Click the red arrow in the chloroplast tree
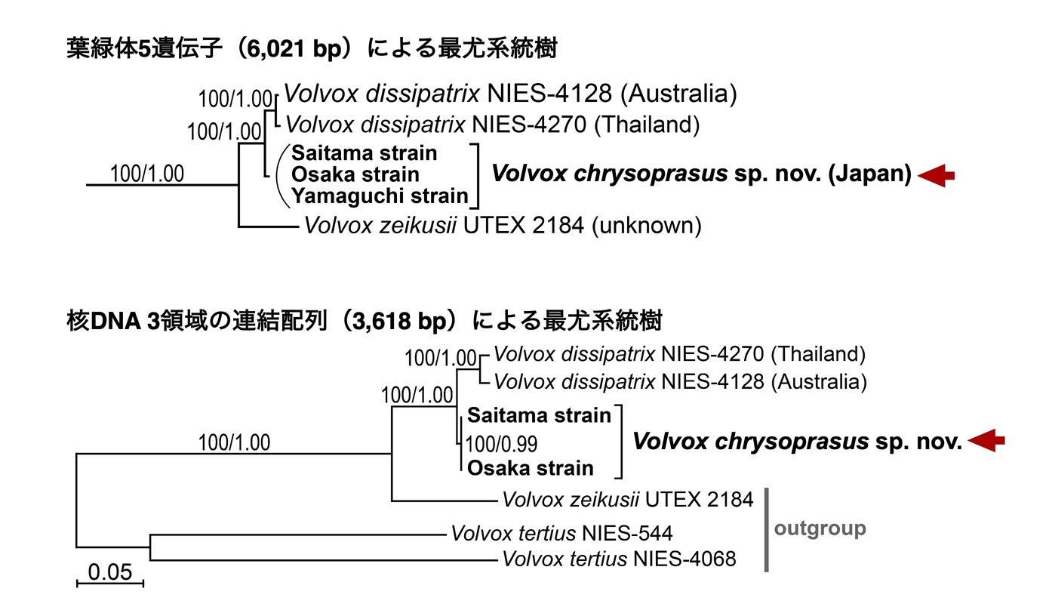coord(936,176)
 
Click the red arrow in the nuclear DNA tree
coord(986,440)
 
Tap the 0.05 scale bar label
coord(110,572)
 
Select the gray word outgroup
coord(820,528)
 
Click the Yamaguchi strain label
coord(380,196)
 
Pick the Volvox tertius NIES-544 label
coord(562,533)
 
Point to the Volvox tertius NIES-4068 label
coord(619,559)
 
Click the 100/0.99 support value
coord(502,444)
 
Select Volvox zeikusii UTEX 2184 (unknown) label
coord(503,226)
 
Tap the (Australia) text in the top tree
coord(678,94)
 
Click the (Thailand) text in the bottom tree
coord(817,354)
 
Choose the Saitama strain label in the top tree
coord(364,153)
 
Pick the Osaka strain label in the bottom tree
coord(530,468)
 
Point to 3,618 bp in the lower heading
coord(400,322)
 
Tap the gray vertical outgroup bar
coord(767,530)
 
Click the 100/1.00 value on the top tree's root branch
coord(147,174)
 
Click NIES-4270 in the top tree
coord(529,125)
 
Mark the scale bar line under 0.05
coord(110,584)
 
